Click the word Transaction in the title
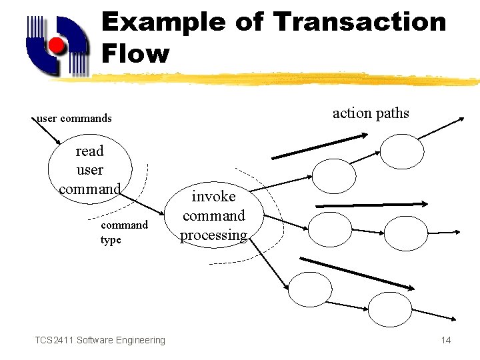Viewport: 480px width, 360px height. (360, 22)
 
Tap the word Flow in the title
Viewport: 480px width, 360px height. (135, 53)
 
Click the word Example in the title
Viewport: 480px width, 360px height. (163, 22)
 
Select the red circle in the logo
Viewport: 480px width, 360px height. (57, 46)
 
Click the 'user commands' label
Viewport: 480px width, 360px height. (74, 119)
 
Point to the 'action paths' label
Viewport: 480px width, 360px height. (371, 113)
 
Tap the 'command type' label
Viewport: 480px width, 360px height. (124, 232)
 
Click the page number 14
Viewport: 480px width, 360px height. (446, 341)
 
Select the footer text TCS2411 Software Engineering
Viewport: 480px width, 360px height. (100, 341)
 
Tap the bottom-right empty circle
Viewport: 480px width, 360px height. (390, 310)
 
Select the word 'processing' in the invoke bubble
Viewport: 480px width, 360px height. (213, 235)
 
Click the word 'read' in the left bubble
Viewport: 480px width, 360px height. (89, 151)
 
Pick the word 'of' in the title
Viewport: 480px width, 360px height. (249, 22)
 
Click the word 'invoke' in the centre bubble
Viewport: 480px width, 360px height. (213, 197)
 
